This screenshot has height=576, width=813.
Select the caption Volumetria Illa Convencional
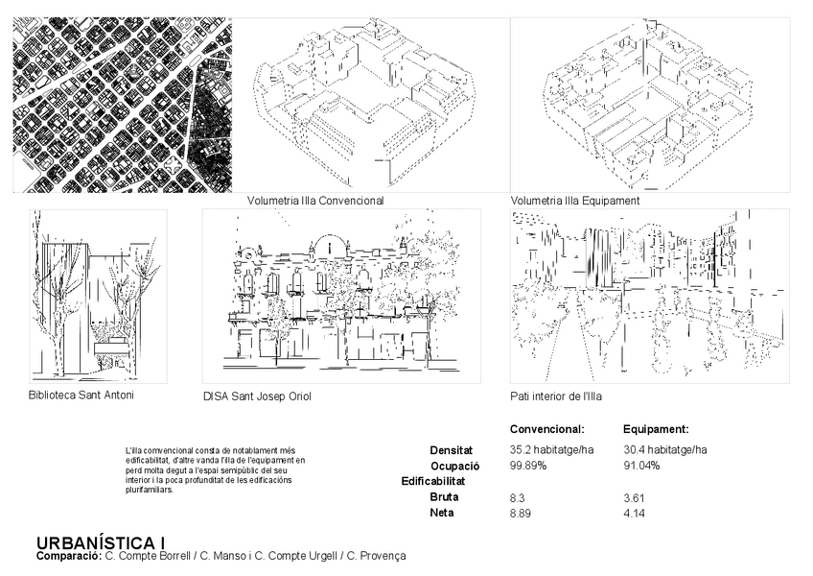315,202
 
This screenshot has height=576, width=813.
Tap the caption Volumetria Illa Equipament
575,202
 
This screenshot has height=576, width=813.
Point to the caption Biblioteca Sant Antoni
81,395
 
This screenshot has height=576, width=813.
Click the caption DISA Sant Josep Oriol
257,396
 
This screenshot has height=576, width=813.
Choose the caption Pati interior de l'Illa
556,396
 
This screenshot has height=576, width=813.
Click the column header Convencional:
546,429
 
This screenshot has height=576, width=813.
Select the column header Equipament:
657,429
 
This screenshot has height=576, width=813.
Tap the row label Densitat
451,449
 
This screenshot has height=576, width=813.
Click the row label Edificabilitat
433,481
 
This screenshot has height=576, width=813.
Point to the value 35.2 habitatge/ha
552,449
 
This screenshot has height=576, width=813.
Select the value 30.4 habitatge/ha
665,449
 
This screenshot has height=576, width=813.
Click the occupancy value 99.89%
528,466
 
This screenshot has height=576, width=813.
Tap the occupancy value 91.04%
641,466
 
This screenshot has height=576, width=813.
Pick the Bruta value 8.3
518,497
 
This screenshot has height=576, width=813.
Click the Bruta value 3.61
634,497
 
